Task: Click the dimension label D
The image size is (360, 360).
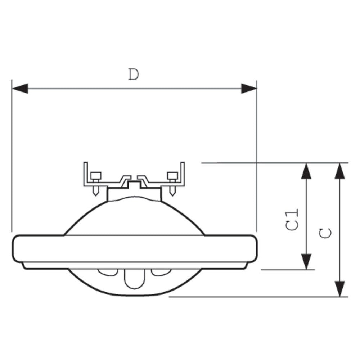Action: pyautogui.click(x=134, y=75)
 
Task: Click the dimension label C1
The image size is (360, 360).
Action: pyautogui.click(x=292, y=219)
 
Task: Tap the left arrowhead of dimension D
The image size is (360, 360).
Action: pyautogui.click(x=20, y=89)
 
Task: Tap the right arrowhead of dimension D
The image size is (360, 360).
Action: pyautogui.click(x=249, y=89)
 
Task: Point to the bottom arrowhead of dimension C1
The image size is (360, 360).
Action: pyautogui.click(x=306, y=262)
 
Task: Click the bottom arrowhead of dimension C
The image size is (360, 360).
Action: pyautogui.click(x=340, y=289)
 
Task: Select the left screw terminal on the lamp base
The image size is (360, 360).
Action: pyautogui.click(x=95, y=184)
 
